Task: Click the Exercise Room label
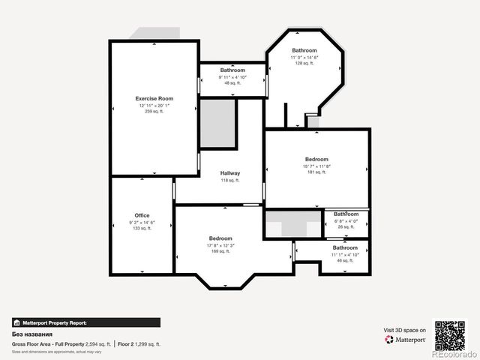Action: click(x=154, y=99)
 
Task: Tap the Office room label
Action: click(x=142, y=215)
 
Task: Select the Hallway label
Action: click(x=230, y=173)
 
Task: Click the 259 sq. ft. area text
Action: click(x=154, y=112)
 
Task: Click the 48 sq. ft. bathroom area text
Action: click(x=232, y=83)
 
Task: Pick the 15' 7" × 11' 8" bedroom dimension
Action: click(x=316, y=166)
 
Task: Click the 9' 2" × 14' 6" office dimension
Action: click(x=142, y=222)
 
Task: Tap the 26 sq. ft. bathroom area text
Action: click(x=346, y=227)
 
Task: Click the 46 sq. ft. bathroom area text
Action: click(x=345, y=261)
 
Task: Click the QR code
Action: click(x=450, y=334)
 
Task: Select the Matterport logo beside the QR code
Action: click(x=406, y=340)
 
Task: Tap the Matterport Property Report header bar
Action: click(x=85, y=322)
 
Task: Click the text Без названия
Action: click(x=31, y=334)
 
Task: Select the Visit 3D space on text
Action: click(x=405, y=330)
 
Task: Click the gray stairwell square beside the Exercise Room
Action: click(x=218, y=124)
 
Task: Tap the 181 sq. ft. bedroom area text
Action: click(x=316, y=172)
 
